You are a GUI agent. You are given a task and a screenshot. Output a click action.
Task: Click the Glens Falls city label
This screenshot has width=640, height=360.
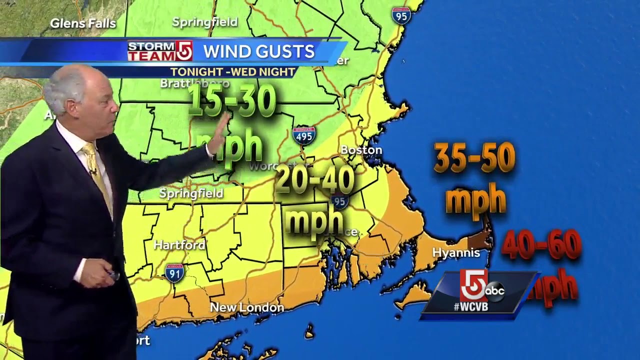click(x=83, y=23)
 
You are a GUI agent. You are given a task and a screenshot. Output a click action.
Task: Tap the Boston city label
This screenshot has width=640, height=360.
click(x=361, y=150)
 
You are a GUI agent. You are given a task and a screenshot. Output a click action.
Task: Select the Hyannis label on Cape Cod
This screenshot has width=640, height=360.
click(x=455, y=253)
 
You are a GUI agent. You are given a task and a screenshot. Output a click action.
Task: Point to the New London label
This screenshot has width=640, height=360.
click(x=246, y=307)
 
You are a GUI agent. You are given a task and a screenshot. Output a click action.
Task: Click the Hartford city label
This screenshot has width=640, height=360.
click(x=179, y=245)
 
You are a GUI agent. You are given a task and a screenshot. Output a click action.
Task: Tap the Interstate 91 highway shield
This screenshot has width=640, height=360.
click(x=174, y=272)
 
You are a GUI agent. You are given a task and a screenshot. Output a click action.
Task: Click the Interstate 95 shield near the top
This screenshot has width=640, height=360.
click(x=401, y=15)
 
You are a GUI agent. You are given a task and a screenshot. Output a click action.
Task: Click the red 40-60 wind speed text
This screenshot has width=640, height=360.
click(x=541, y=245)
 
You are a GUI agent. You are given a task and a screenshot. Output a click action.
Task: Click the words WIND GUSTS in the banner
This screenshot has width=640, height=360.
click(x=259, y=51)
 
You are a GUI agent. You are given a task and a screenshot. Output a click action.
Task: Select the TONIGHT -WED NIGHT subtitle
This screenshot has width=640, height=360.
click(x=232, y=72)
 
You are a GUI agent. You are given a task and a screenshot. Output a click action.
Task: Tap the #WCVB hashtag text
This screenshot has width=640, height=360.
click(x=470, y=307)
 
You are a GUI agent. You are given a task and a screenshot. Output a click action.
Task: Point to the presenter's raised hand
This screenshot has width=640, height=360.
click(x=218, y=135)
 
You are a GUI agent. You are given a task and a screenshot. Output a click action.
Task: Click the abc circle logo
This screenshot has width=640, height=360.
click(x=494, y=291)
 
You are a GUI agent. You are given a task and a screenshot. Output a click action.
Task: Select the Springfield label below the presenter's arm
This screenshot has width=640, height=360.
click(x=191, y=193)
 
